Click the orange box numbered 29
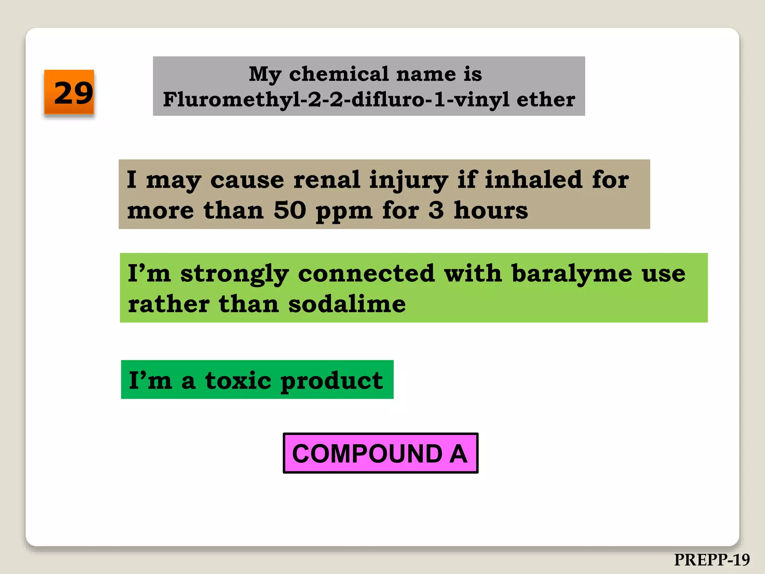69,92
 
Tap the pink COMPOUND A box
380,453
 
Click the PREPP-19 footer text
712,560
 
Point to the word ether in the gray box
546,100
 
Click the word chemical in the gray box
339,74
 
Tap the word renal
327,180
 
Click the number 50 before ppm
290,210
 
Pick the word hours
491,210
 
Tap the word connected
366,274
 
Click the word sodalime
347,304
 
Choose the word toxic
238,381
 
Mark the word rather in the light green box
168,304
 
